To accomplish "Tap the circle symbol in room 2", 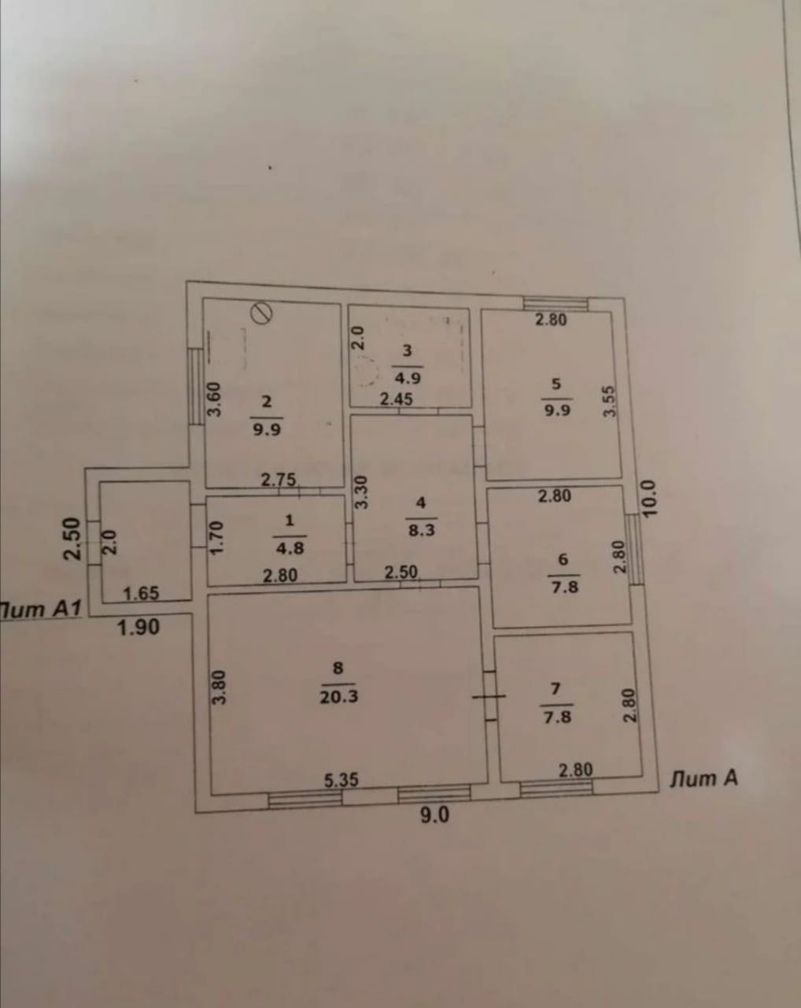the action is tap(261, 313).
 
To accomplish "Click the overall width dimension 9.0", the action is tap(434, 815).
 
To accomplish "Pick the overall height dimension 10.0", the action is tap(650, 498).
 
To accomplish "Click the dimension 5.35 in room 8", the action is tap(341, 780).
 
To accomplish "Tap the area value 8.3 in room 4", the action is tap(422, 530).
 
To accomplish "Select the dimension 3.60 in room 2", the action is tap(215, 400).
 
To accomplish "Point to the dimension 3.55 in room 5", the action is tap(607, 402).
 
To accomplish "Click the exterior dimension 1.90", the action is tap(138, 627).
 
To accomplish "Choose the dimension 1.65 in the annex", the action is tap(142, 592).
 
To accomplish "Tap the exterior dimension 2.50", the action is tap(72, 538).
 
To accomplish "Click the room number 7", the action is tap(556, 688).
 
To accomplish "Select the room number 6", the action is tap(563, 559).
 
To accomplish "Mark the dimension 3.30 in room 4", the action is tap(361, 492).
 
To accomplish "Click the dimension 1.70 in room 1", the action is tap(217, 539).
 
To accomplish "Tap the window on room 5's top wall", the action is tap(556, 302).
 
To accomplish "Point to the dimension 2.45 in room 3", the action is tap(397, 399).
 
